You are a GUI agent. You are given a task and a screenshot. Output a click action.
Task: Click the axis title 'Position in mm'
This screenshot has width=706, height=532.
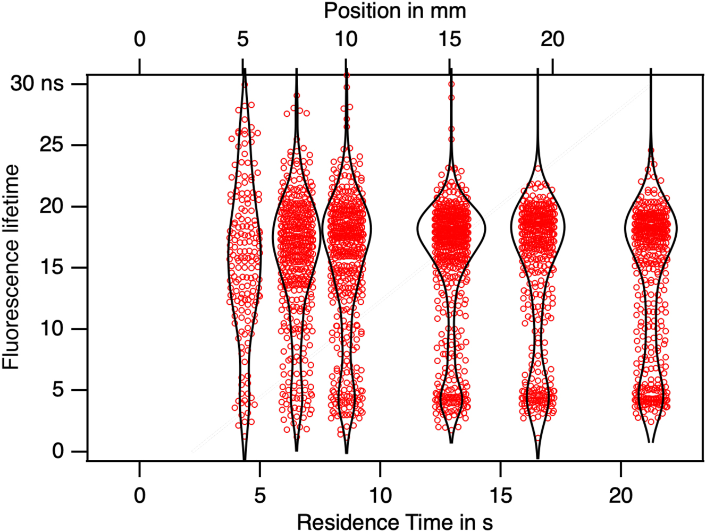click(395, 11)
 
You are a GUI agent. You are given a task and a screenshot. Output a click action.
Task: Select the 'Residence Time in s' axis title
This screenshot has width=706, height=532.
click(394, 521)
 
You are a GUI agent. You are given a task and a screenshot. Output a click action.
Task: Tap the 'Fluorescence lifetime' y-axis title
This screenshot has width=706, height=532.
click(11, 267)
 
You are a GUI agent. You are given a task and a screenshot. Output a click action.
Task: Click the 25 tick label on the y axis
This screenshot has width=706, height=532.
click(52, 145)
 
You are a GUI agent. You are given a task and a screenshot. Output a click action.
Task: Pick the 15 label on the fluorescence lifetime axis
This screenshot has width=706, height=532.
click(52, 268)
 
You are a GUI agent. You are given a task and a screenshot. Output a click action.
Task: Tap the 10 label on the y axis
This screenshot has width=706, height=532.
click(52, 329)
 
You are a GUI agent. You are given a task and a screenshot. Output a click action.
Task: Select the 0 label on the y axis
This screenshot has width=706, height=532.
click(57, 451)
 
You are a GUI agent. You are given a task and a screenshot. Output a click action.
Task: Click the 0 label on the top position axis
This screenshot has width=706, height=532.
click(139, 39)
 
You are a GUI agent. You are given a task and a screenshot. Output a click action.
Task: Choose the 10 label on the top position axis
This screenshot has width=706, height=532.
click(346, 39)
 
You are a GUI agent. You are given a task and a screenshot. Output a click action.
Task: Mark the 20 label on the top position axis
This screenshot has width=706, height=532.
click(552, 39)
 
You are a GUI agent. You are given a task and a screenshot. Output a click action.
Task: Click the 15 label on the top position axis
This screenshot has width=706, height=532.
click(450, 39)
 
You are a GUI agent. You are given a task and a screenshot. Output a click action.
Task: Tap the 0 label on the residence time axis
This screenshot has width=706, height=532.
click(139, 495)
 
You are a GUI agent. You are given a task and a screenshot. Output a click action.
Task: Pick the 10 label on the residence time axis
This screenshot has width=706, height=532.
click(380, 495)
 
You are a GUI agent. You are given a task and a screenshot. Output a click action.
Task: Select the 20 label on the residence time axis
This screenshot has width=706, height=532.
click(620, 495)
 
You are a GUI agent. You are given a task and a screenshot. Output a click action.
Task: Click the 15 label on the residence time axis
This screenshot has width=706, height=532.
click(500, 495)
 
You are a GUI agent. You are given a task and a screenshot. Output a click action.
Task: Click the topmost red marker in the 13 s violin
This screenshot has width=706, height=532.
click(451, 84)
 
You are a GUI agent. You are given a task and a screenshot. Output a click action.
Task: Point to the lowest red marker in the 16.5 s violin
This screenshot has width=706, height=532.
click(538, 439)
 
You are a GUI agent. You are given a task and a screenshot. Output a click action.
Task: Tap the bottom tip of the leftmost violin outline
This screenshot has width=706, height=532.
click(244, 458)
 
